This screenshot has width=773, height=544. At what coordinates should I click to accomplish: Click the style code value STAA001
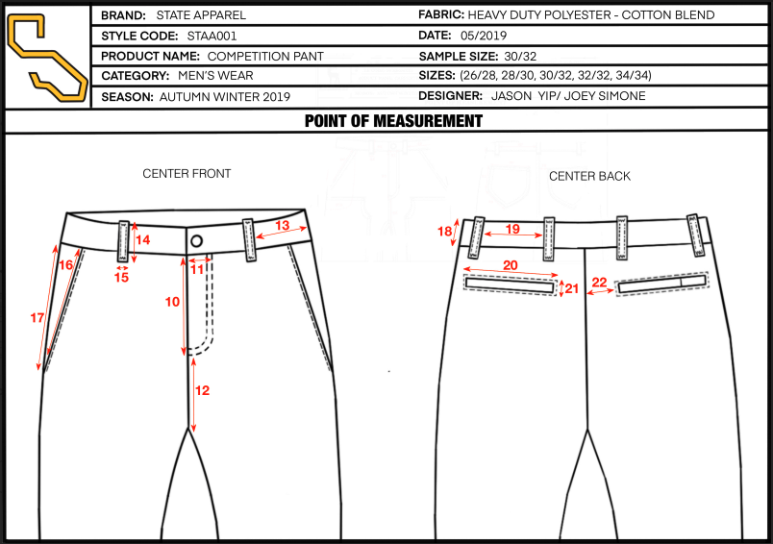[x=212, y=36]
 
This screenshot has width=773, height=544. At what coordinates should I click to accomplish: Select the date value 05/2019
[x=483, y=36]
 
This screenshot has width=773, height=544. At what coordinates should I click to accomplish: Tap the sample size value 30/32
[x=520, y=56]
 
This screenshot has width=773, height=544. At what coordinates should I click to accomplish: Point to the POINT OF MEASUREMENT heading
[x=393, y=121]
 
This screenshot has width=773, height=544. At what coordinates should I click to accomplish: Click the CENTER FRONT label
[x=187, y=173]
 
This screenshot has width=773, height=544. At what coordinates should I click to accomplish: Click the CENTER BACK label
[x=589, y=176]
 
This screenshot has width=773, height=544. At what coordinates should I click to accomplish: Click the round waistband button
[x=197, y=241]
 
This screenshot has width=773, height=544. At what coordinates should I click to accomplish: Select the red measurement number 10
[x=172, y=302]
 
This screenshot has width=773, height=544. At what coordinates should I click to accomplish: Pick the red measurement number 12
[x=202, y=390]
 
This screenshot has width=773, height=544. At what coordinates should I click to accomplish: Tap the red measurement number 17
[x=37, y=318]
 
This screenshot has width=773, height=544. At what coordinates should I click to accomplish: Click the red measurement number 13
[x=282, y=225]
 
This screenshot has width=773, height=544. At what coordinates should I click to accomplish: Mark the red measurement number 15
[x=121, y=278]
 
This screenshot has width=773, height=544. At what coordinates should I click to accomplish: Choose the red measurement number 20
[x=511, y=265]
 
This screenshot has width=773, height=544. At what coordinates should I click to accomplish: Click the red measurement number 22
[x=600, y=282]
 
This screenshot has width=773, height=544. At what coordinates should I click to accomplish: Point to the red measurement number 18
[x=445, y=231]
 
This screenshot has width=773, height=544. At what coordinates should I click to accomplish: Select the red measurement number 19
[x=512, y=229]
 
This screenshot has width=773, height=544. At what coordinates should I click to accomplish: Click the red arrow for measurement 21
[x=561, y=288]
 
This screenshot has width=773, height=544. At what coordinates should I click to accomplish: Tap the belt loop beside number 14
[x=123, y=241]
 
